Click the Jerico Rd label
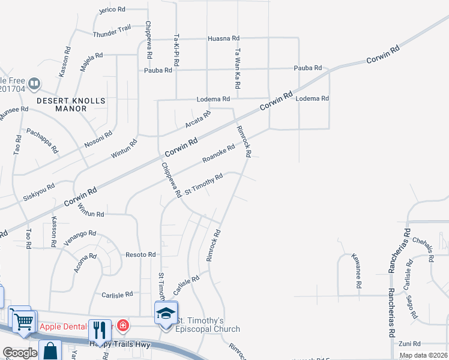112,10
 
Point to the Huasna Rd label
223,38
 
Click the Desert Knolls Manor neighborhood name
71,104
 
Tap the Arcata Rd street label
198,119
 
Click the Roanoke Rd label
218,153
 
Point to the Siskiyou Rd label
39,190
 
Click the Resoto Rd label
140,254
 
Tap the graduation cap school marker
166,313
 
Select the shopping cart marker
23,320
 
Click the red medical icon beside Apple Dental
123,326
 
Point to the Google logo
20,353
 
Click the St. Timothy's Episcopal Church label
207,325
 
